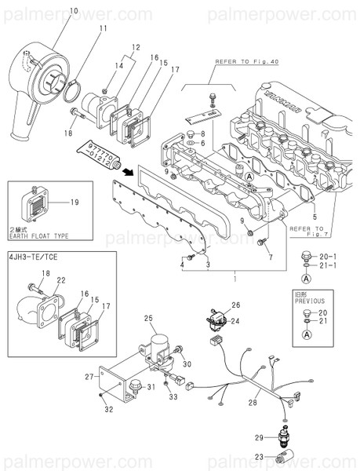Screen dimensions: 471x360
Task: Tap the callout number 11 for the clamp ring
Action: [x=102, y=29]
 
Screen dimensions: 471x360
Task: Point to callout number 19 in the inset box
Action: [x=74, y=203]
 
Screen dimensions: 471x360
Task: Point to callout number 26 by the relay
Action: [x=236, y=304]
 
